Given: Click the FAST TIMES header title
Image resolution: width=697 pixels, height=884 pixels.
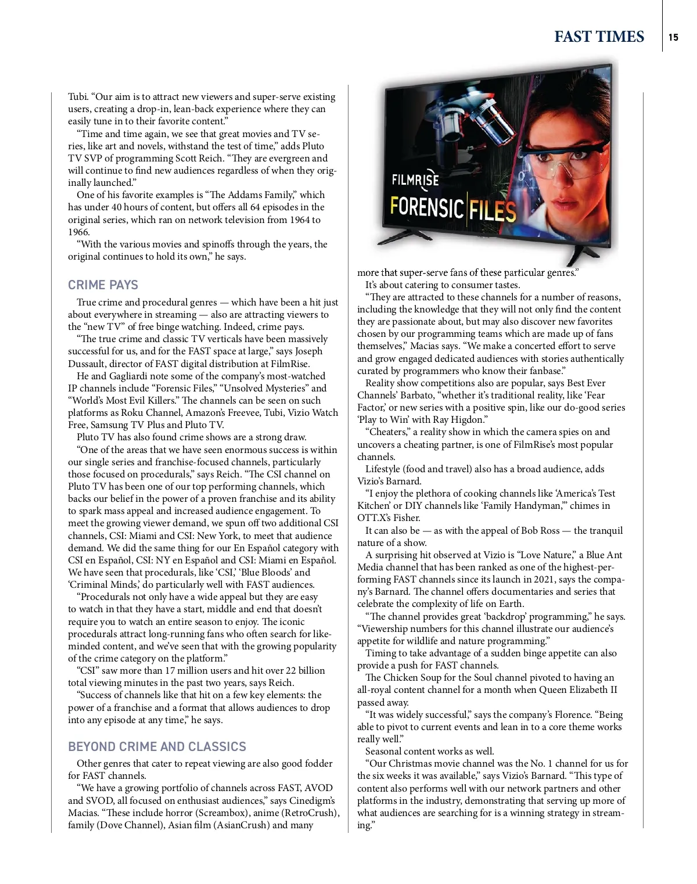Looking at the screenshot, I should point(599,37).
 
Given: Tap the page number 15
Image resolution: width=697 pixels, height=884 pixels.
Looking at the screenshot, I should point(673,37).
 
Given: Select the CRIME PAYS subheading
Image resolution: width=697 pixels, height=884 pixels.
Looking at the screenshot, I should point(103,285).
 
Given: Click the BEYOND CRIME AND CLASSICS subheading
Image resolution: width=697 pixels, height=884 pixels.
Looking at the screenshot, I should point(157,746).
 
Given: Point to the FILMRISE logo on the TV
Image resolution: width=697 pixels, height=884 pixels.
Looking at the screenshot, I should point(415,180).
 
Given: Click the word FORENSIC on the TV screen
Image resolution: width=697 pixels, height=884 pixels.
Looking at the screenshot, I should point(427,207).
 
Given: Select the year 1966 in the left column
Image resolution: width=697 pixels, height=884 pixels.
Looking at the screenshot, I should point(79,232).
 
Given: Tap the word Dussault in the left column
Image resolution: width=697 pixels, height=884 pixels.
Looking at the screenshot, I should point(86,364).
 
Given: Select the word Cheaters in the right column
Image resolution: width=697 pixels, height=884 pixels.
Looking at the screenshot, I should point(388,432).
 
